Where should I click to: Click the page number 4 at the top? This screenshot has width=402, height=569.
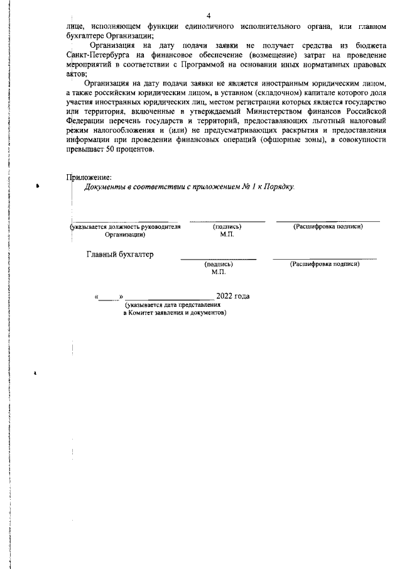click(208, 15)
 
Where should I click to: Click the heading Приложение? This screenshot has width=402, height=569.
click(89, 178)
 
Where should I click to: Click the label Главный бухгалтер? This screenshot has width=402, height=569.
click(119, 255)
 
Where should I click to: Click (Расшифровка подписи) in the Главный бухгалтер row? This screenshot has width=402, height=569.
click(324, 264)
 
